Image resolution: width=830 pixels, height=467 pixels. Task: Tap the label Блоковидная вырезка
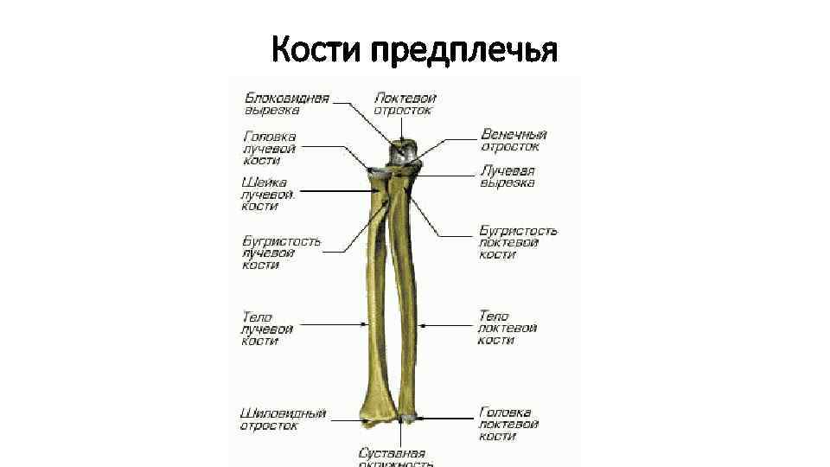(285, 104)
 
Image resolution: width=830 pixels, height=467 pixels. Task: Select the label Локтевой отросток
(404, 104)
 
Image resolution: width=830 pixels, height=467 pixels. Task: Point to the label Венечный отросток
(514, 141)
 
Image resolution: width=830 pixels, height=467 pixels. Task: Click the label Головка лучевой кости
(270, 148)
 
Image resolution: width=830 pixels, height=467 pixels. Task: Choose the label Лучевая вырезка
(508, 176)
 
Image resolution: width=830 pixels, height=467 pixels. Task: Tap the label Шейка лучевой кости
(269, 195)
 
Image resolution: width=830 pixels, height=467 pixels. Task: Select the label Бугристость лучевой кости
(281, 253)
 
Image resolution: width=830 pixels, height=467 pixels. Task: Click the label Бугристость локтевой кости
(518, 242)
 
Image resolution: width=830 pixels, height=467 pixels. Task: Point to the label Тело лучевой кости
(266, 329)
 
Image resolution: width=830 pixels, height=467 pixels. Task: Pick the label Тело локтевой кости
(508, 329)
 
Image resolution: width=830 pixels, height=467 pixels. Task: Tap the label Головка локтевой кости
(508, 425)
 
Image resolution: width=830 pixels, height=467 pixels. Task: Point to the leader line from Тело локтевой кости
(446, 325)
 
